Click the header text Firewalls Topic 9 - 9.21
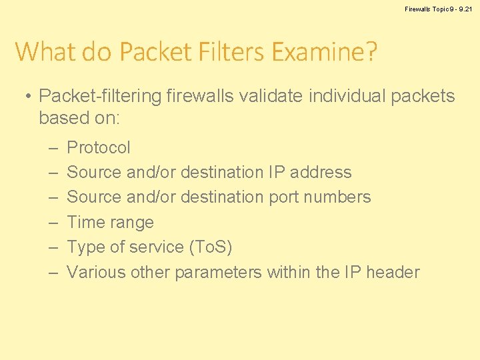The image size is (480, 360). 437,9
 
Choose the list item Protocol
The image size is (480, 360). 99,147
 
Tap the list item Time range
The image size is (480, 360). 111,222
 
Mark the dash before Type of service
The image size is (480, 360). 53,247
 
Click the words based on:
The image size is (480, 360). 79,118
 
